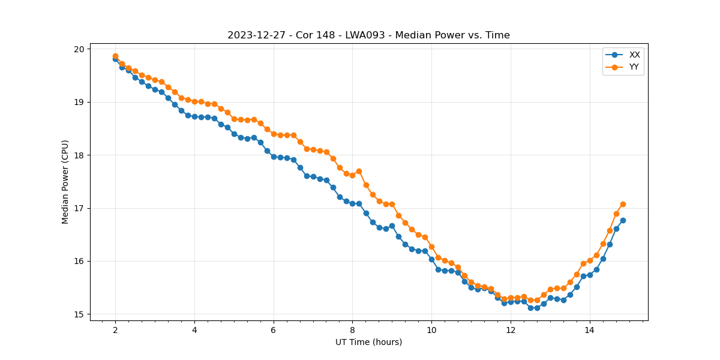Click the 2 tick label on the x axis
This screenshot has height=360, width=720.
click(x=115, y=330)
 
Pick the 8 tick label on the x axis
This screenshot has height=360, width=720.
click(x=352, y=330)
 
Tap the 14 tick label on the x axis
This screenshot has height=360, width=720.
click(x=589, y=330)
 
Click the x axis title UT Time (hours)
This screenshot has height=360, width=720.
click(x=368, y=342)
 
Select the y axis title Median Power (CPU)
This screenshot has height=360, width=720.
click(x=65, y=182)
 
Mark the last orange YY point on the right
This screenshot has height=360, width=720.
click(x=623, y=204)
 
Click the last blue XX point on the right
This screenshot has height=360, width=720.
click(x=623, y=220)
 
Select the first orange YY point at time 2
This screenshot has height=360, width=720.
click(x=115, y=56)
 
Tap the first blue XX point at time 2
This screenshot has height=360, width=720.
click(x=115, y=59)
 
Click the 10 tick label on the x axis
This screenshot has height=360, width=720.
click(x=431, y=330)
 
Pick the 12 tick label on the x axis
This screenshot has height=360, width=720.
click(x=510, y=330)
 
